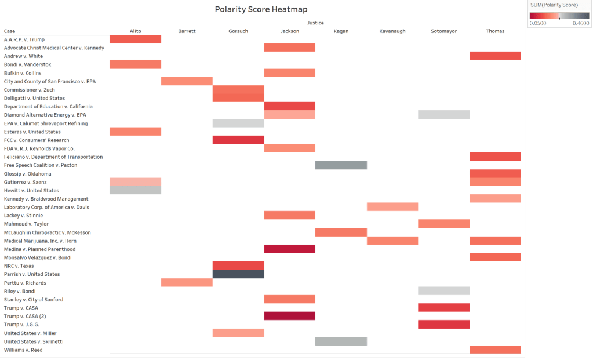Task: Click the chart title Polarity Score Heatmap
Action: [x=261, y=9]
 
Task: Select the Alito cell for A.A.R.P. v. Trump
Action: [x=135, y=39]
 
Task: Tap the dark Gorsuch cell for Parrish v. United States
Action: [x=238, y=274]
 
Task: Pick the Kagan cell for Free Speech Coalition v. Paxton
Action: [x=341, y=165]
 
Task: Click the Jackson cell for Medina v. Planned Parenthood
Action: [x=289, y=249]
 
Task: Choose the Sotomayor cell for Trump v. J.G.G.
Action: [x=443, y=325]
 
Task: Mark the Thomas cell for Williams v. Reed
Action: [x=495, y=350]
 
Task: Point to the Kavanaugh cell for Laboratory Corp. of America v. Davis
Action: [x=392, y=207]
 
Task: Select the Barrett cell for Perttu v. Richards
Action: [x=187, y=283]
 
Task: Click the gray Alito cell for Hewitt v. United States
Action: [x=135, y=190]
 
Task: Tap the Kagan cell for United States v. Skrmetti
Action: [x=341, y=341]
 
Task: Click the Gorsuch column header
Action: [x=238, y=31]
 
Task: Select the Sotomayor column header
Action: [x=443, y=31]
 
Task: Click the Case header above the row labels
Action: [x=10, y=31]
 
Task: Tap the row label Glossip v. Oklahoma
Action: [x=27, y=174]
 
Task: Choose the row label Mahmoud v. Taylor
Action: [x=26, y=224]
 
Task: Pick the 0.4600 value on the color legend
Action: [x=580, y=23]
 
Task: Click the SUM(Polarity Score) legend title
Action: [x=554, y=5]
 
